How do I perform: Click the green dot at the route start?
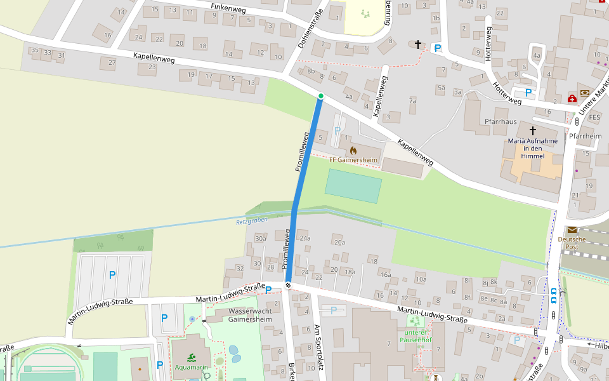321,96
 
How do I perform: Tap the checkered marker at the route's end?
289,285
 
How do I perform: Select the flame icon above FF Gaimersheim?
353,150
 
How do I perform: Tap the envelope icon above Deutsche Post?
572,229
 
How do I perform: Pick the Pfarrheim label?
585,136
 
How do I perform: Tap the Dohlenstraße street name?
310,29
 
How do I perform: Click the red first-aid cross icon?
572,98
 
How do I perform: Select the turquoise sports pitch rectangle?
353,186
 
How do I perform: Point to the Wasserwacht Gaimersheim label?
244,316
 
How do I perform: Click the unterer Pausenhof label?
415,336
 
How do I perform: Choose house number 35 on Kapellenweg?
35,51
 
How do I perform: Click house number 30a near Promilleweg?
260,238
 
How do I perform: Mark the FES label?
594,117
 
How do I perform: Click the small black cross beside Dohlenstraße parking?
417,44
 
